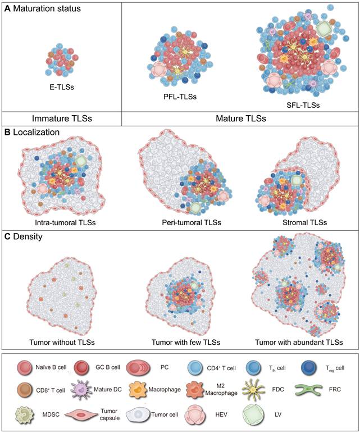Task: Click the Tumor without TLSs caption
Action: tap(62, 341)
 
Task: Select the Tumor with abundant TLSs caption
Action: tap(299, 341)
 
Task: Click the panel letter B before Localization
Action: tap(7, 133)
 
